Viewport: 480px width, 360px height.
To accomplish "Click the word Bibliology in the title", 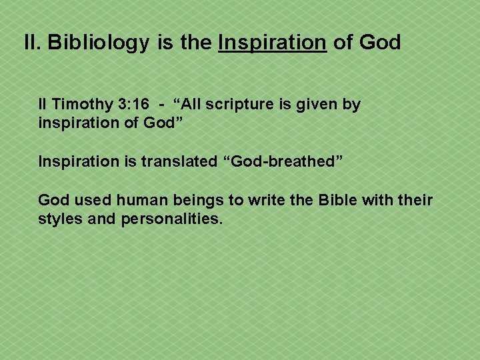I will (99, 43).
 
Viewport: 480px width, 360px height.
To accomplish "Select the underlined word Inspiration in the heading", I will (273, 43).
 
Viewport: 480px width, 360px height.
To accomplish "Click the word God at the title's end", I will (379, 43).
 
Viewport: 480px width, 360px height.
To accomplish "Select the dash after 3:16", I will (162, 105).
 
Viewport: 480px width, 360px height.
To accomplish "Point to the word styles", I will (59, 219).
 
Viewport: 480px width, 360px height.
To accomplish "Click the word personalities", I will (172, 219).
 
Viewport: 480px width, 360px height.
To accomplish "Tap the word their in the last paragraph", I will (415, 201).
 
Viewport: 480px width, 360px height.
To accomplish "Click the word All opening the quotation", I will (190, 105).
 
